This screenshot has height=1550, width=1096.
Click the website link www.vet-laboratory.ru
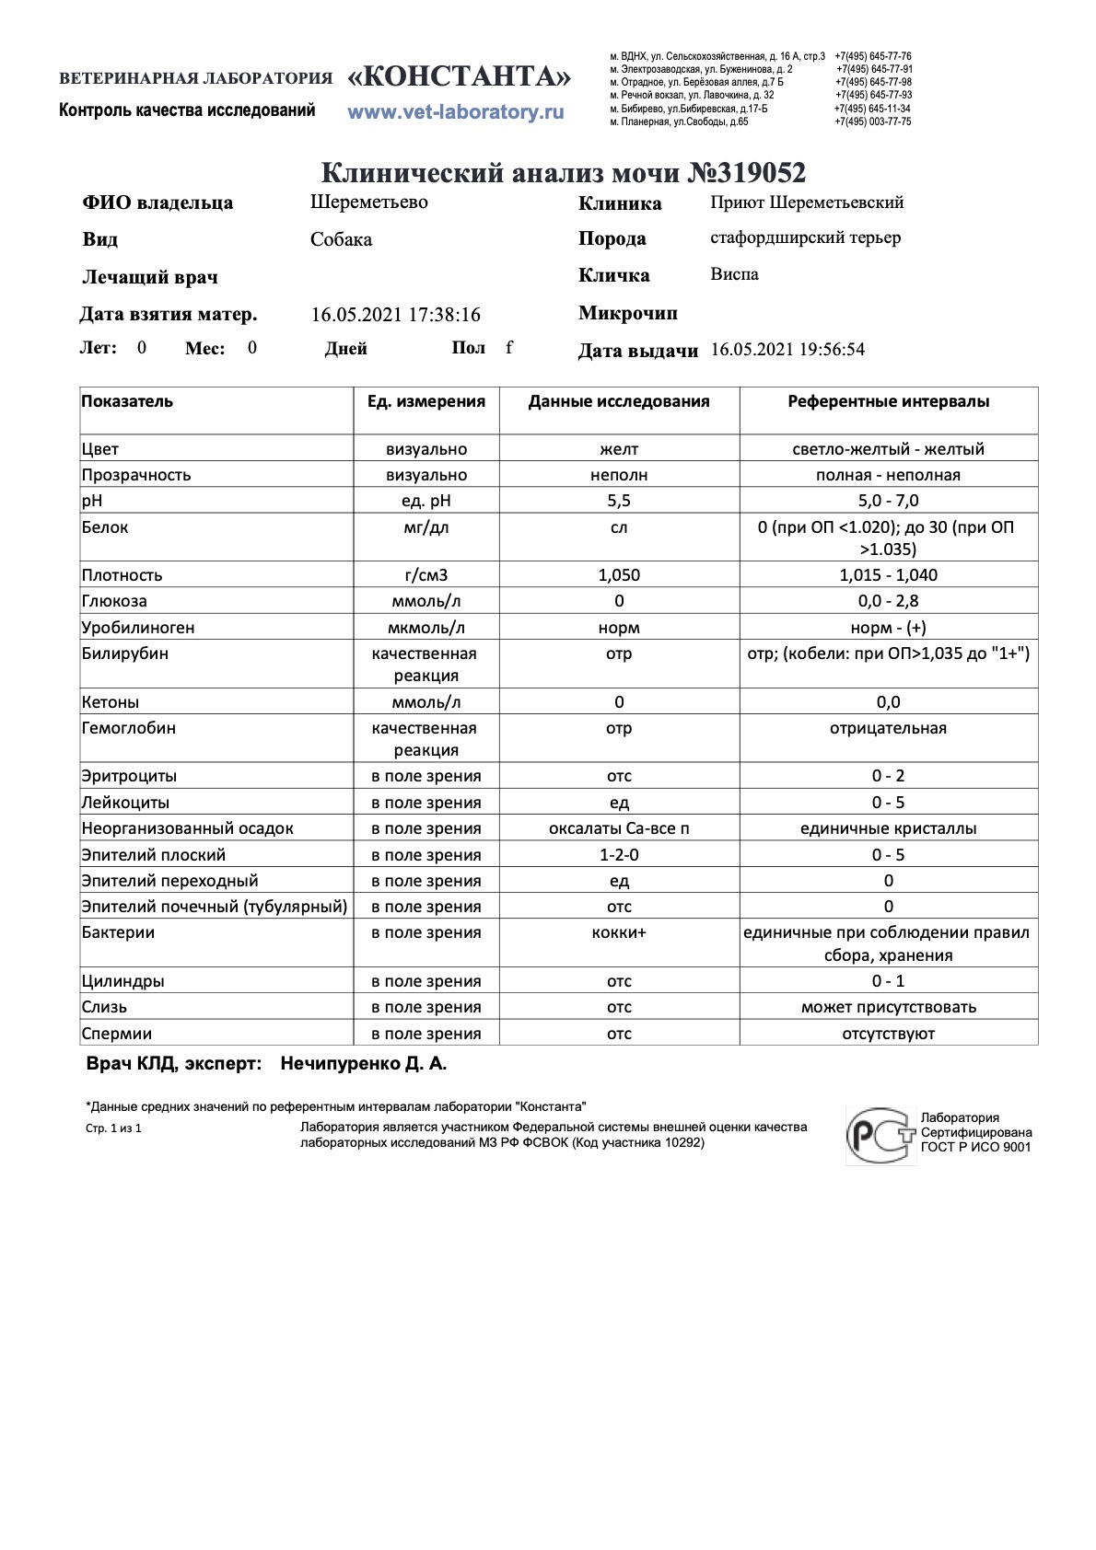click(x=455, y=112)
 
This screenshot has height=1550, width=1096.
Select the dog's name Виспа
click(x=734, y=274)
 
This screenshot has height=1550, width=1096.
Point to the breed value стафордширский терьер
click(x=805, y=237)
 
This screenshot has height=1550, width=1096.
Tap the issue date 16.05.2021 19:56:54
click(x=787, y=350)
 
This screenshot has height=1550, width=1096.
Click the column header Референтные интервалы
click(x=888, y=401)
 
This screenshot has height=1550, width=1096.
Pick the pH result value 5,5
click(x=619, y=501)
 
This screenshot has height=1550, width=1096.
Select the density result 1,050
click(x=619, y=575)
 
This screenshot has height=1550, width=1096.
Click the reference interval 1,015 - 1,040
click(x=888, y=575)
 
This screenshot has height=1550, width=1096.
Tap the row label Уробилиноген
click(x=137, y=628)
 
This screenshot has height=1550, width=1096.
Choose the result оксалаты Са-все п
click(x=619, y=828)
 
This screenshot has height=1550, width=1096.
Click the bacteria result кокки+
click(x=619, y=932)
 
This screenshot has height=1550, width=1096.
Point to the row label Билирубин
click(x=124, y=654)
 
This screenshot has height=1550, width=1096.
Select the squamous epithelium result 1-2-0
click(x=619, y=855)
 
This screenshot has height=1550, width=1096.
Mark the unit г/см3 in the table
click(x=426, y=575)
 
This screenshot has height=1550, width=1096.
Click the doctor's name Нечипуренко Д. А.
click(x=363, y=1064)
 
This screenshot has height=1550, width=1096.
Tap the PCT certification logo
click(x=880, y=1136)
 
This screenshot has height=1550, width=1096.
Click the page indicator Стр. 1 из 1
click(x=113, y=1128)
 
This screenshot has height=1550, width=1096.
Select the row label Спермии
click(x=116, y=1034)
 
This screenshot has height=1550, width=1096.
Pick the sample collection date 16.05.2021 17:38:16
click(x=395, y=315)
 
